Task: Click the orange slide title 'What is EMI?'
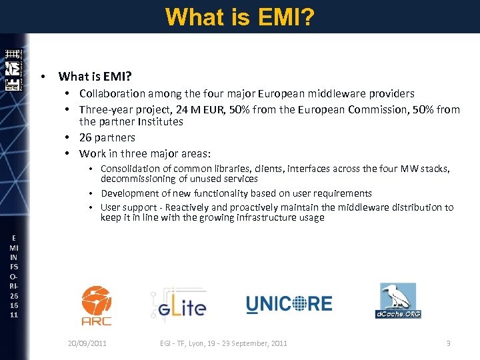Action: coord(240,16)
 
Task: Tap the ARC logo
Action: coord(96,305)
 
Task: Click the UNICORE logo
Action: coord(289,305)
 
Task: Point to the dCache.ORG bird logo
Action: coord(398,301)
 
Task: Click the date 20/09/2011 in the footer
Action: coord(87,343)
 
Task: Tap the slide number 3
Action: coord(448,343)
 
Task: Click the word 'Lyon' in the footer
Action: coord(207,343)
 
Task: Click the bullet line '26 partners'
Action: coord(107,137)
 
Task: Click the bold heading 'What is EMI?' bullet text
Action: coord(94,76)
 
